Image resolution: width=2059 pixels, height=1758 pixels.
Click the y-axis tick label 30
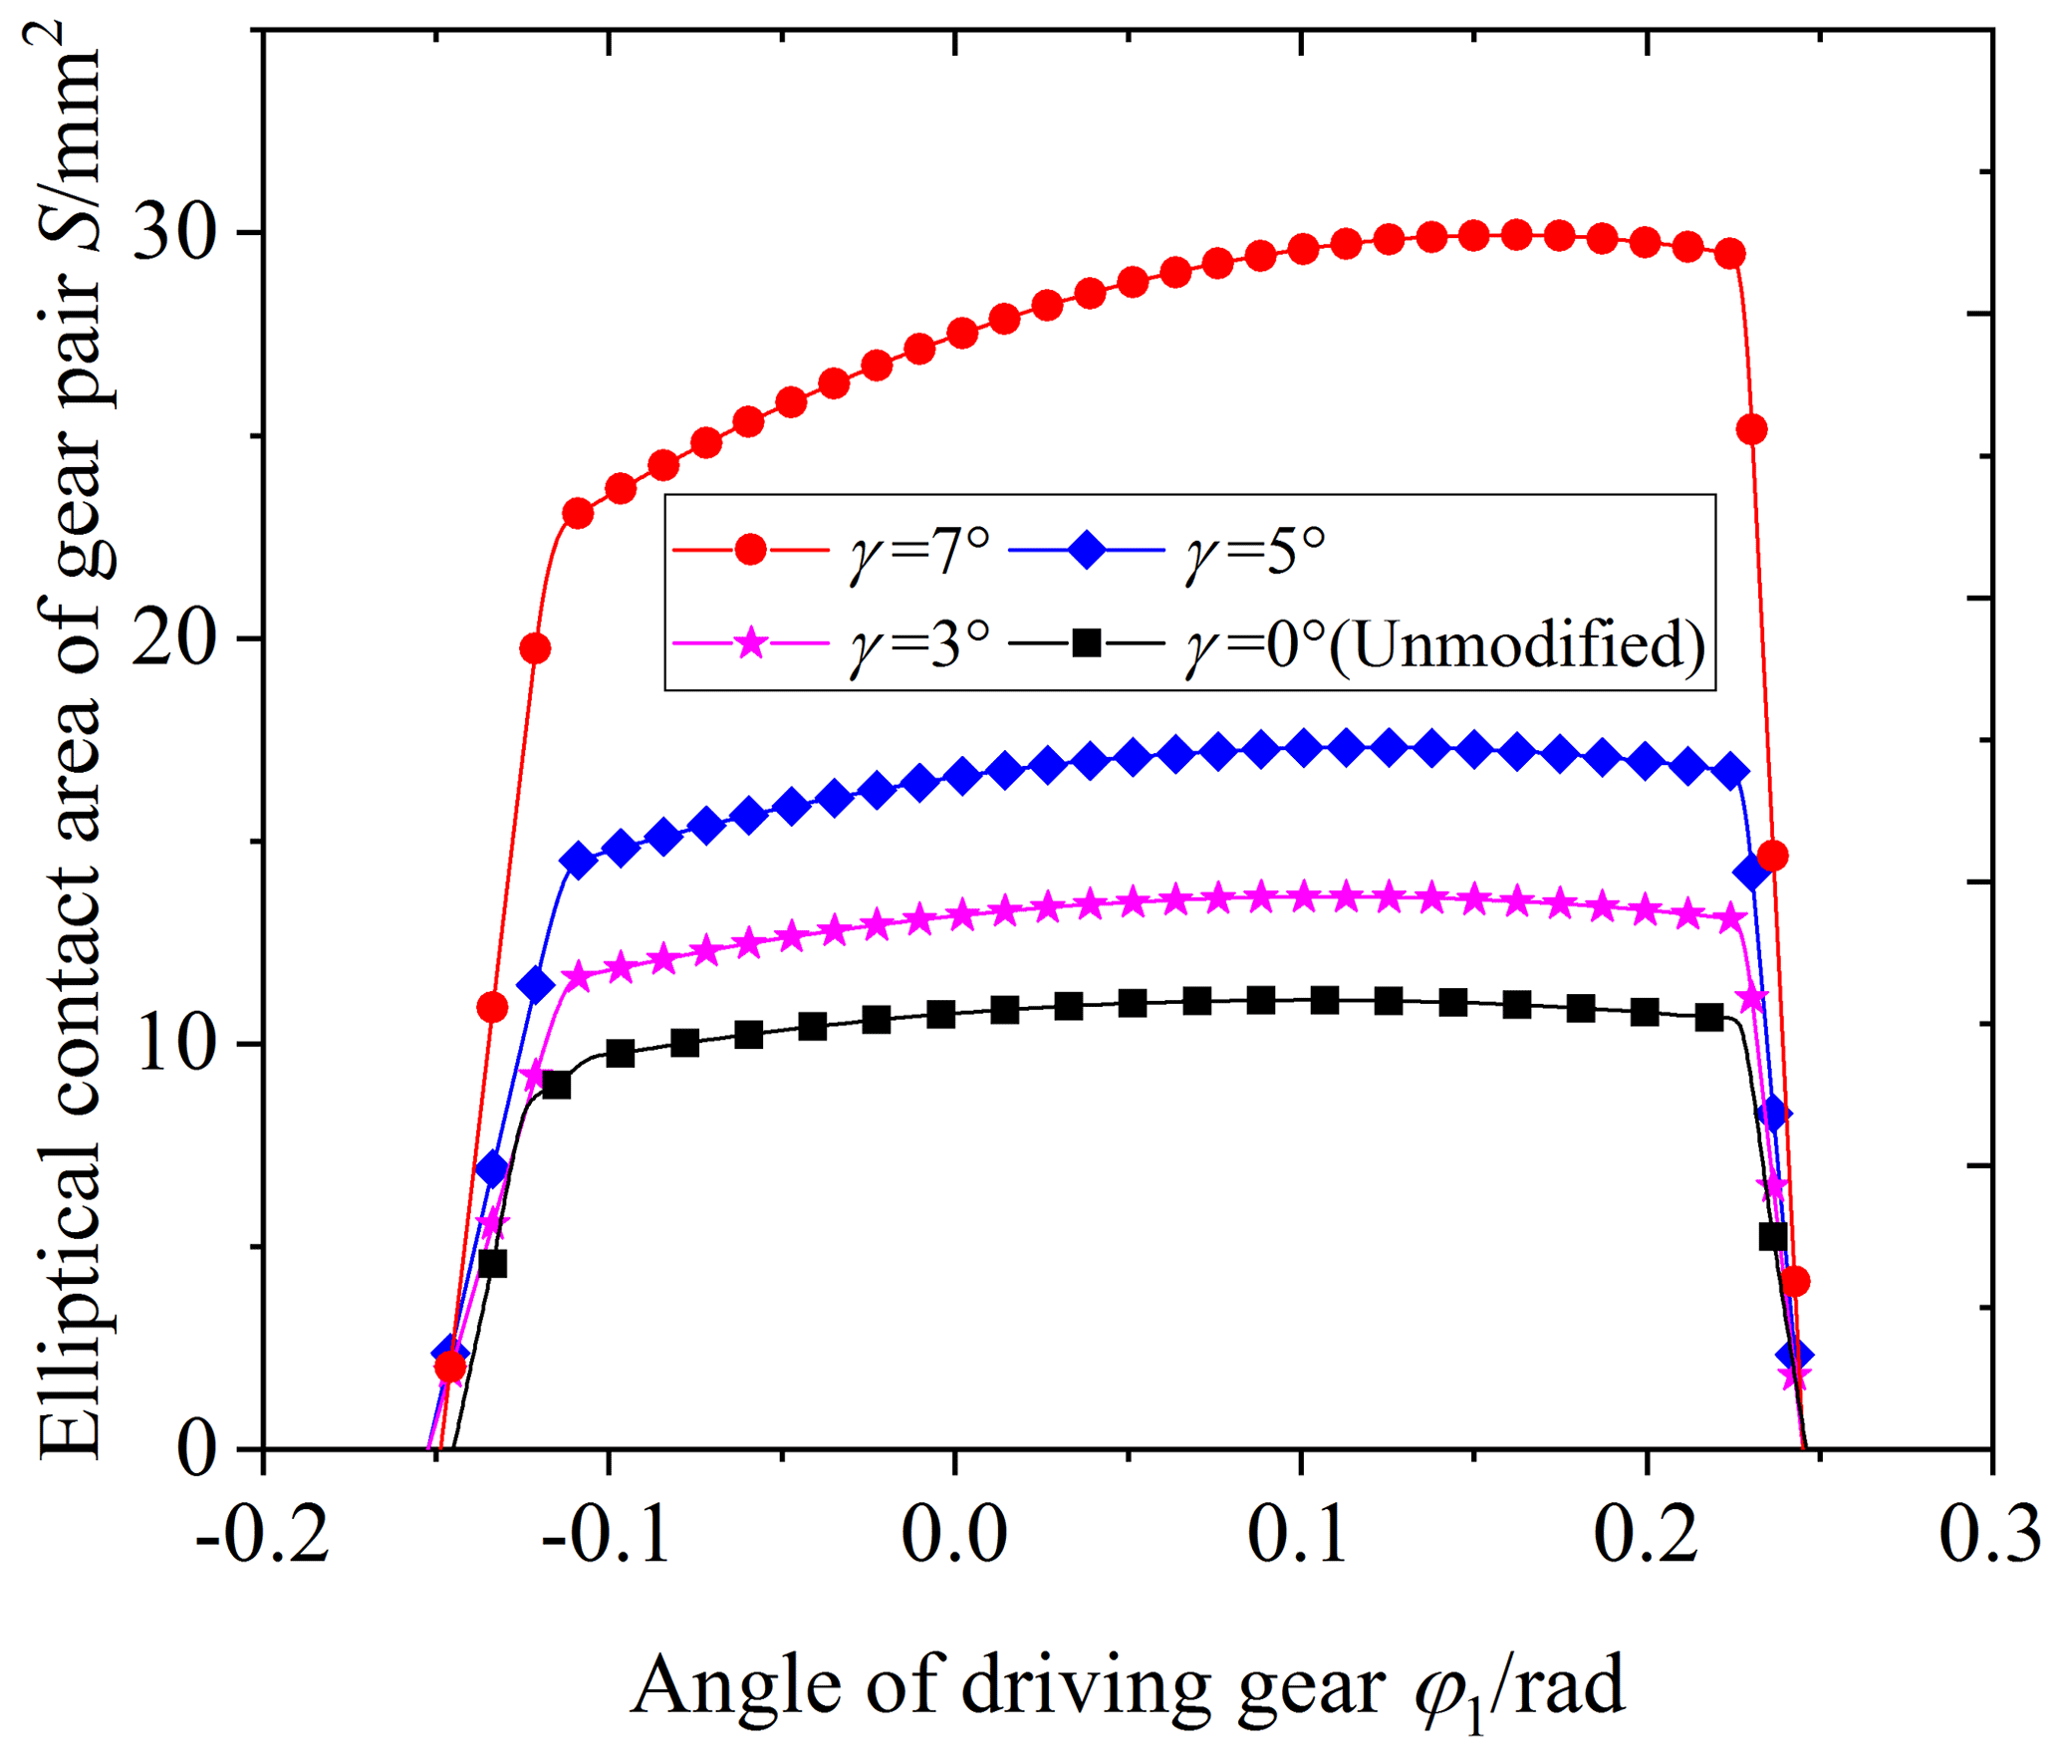[174, 234]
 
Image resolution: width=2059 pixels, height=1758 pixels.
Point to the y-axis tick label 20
[174, 638]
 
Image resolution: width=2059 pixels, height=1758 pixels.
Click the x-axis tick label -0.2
[263, 1535]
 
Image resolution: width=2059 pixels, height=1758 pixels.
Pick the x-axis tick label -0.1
[607, 1535]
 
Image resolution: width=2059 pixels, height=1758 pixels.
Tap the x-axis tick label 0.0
[954, 1535]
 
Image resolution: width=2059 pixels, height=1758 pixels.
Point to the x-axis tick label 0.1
[1299, 1535]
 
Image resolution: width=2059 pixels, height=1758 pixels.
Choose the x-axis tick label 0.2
[1646, 1535]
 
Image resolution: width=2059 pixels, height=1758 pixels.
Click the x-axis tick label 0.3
[1990, 1535]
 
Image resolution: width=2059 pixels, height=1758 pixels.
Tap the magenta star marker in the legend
[750, 643]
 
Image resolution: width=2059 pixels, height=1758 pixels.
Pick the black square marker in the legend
[1087, 643]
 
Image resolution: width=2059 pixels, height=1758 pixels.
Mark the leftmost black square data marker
[492, 1264]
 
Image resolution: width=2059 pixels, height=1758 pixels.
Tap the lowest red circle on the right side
[1794, 1282]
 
